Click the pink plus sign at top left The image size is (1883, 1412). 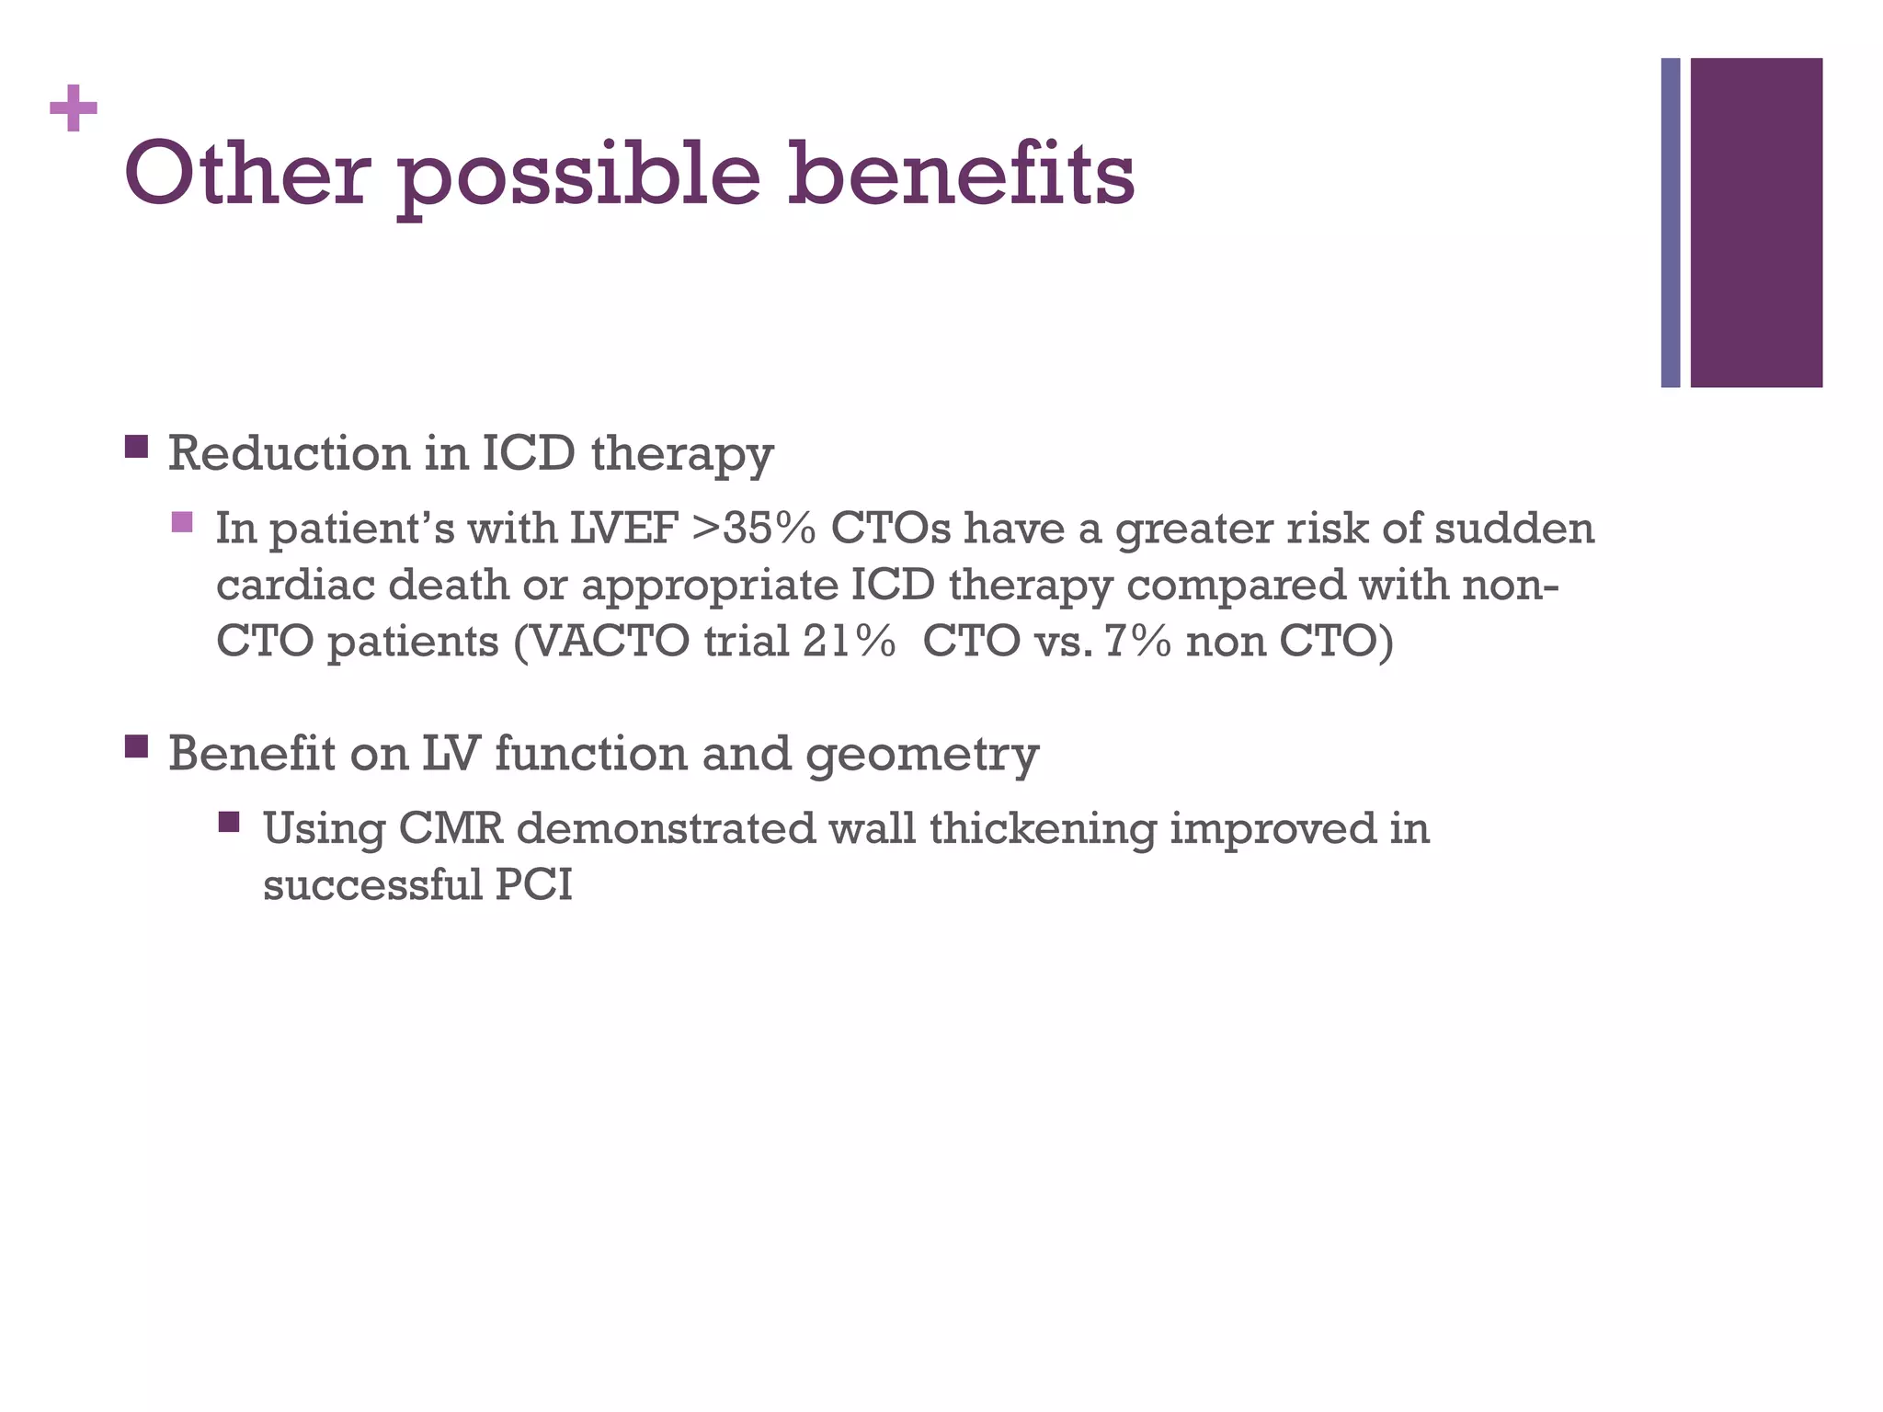pyautogui.click(x=74, y=109)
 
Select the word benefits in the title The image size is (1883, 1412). pyautogui.click(x=960, y=175)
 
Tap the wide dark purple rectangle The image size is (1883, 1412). pyautogui.click(x=1756, y=222)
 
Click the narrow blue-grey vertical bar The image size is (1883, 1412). pyautogui.click(x=1671, y=222)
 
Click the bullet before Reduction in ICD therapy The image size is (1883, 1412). pyautogui.click(x=136, y=448)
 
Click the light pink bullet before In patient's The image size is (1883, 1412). pyautogui.click(x=182, y=523)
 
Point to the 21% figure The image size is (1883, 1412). pyautogui.click(x=848, y=642)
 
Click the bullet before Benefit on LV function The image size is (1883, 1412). pyautogui.click(x=136, y=746)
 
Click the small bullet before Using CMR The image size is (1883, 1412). pyautogui.click(x=229, y=821)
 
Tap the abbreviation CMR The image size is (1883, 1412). pyautogui.click(x=451, y=828)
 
